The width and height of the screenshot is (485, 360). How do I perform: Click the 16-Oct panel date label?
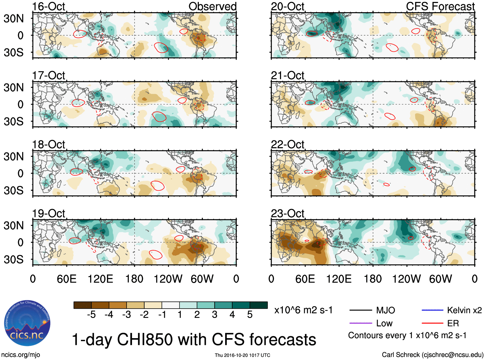[48, 6]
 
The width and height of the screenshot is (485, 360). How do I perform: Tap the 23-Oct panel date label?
[287, 213]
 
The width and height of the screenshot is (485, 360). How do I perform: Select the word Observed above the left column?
[212, 6]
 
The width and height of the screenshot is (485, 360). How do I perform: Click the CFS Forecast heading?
[440, 6]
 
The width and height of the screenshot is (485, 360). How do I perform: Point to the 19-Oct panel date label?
[48, 213]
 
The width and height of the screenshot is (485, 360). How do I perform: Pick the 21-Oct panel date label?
[287, 75]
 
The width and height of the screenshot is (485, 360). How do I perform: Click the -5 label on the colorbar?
[91, 315]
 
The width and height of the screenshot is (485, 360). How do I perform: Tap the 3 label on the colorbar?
[215, 315]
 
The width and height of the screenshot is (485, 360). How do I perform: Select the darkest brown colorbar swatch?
[83, 305]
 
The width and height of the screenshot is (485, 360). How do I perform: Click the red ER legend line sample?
[432, 323]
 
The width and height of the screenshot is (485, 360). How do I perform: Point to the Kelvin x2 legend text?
[464, 310]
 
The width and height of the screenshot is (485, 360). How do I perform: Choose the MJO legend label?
[385, 310]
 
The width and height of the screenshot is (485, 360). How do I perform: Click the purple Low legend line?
[360, 323]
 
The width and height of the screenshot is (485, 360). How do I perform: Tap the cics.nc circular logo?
[27, 323]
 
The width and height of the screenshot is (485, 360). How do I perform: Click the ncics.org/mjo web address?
[21, 355]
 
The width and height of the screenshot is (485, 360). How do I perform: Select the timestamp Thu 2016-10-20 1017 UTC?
[242, 355]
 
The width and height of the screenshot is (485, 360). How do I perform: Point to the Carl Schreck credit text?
[432, 355]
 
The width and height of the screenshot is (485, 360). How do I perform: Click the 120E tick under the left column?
[100, 279]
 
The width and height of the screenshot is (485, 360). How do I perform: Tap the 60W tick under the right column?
[440, 279]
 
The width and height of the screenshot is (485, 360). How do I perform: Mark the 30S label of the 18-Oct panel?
[13, 190]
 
